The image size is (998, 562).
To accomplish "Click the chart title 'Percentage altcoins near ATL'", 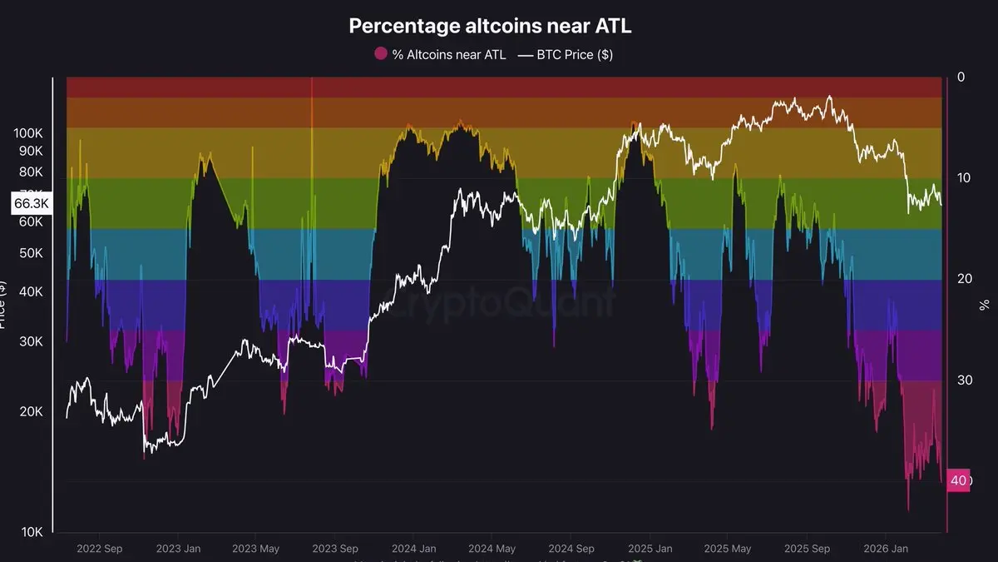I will pyautogui.click(x=490, y=26).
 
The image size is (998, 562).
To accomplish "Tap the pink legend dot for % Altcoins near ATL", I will pyautogui.click(x=381, y=54).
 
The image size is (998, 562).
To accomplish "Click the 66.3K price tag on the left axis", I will pyautogui.click(x=31, y=203).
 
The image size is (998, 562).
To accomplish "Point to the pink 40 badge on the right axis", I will pyautogui.click(x=958, y=480).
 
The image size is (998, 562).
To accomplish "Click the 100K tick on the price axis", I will pyautogui.click(x=30, y=133).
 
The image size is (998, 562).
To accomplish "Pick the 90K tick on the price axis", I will pyautogui.click(x=32, y=151).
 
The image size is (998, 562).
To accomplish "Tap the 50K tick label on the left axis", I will pyautogui.click(x=32, y=252).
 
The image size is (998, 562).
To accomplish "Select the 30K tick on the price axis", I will pyautogui.click(x=32, y=341).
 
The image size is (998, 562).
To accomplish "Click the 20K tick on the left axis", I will pyautogui.click(x=32, y=412).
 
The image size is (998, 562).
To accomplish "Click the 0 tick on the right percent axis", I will pyautogui.click(x=961, y=77).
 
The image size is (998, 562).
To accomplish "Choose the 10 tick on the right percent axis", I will pyautogui.click(x=963, y=178).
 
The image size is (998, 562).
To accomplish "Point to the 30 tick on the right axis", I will pyautogui.click(x=963, y=380).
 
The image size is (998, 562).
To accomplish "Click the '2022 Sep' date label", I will pyautogui.click(x=99, y=550).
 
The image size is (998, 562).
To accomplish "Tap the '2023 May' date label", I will pyautogui.click(x=255, y=550).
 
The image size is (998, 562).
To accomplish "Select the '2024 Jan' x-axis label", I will pyautogui.click(x=413, y=550).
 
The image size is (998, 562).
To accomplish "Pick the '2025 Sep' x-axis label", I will pyautogui.click(x=807, y=550).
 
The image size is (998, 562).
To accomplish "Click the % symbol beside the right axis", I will pyautogui.click(x=985, y=305).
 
